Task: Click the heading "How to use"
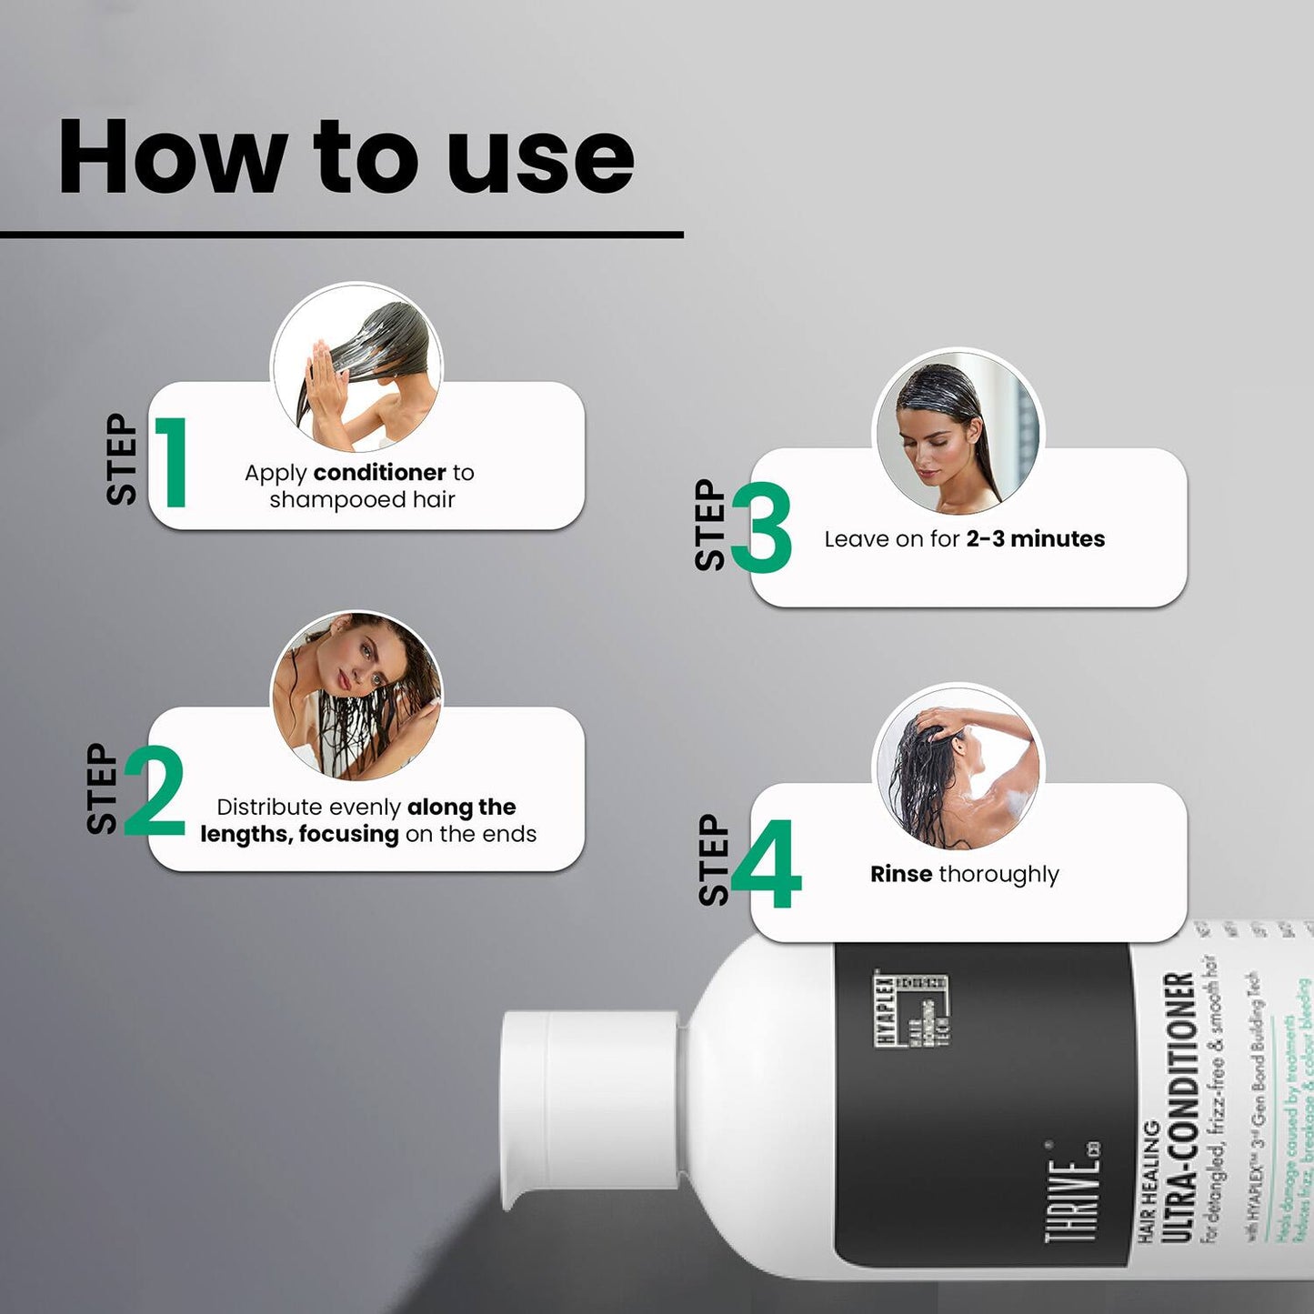pyautogui.click(x=346, y=156)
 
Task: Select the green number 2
pyautogui.click(x=155, y=791)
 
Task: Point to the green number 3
pyautogui.click(x=761, y=527)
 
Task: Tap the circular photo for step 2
pyautogui.click(x=357, y=696)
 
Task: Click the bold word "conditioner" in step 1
pyautogui.click(x=379, y=473)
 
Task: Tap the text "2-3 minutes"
pyautogui.click(x=1035, y=539)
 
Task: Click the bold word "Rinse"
pyautogui.click(x=901, y=874)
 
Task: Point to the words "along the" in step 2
pyautogui.click(x=461, y=807)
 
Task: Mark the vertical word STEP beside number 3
pyautogui.click(x=711, y=526)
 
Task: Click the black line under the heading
pyautogui.click(x=341, y=235)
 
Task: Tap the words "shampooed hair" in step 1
pyautogui.click(x=362, y=500)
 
